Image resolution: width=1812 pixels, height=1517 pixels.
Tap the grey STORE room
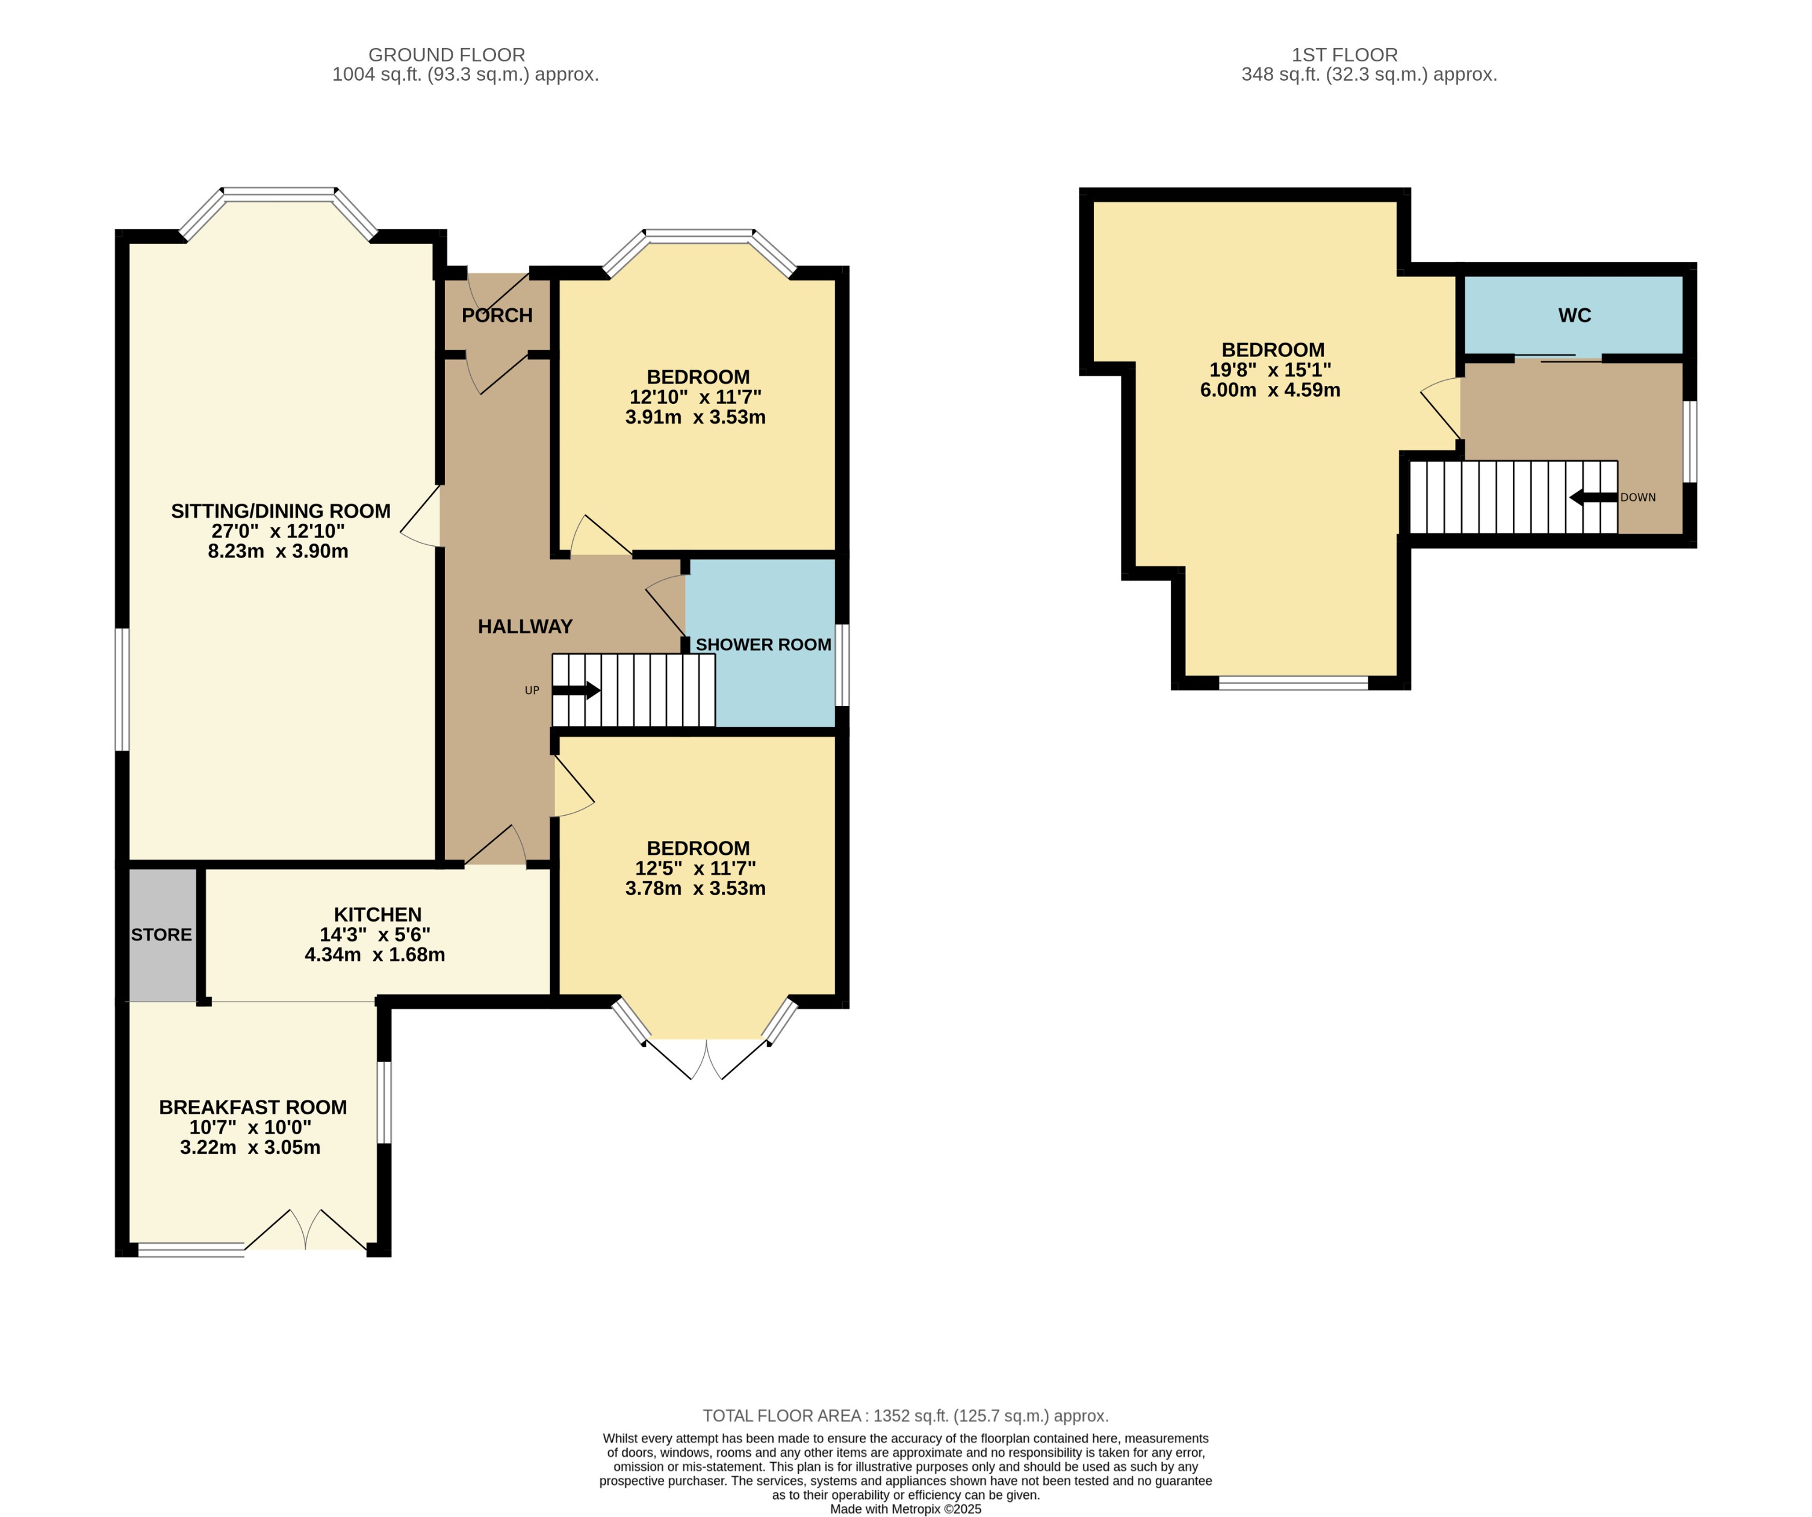(x=162, y=934)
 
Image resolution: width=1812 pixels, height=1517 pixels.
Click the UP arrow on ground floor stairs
(x=576, y=690)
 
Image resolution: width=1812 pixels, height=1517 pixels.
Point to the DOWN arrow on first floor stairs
(x=1592, y=498)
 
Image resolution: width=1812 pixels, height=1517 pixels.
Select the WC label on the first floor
(x=1574, y=316)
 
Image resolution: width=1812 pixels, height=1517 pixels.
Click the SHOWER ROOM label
(x=763, y=645)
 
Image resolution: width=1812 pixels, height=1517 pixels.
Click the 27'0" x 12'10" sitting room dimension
(x=278, y=531)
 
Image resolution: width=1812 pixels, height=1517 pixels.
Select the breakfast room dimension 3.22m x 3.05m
(x=250, y=1147)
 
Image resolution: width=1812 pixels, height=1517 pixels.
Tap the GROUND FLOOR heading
(x=446, y=54)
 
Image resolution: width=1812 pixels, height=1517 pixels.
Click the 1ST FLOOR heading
(x=1344, y=54)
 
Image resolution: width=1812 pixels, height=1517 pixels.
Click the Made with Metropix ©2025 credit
(x=905, y=1509)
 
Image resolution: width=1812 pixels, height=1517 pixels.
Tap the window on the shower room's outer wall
(x=842, y=665)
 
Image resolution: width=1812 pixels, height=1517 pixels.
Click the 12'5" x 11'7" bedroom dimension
(x=695, y=868)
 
